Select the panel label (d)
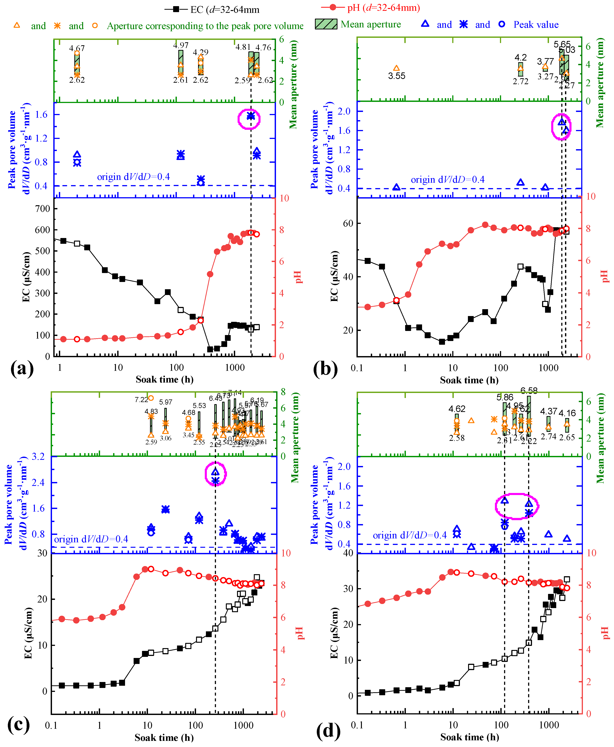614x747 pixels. [328, 730]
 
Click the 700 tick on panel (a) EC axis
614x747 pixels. [43, 209]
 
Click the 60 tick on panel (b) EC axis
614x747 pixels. [348, 223]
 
